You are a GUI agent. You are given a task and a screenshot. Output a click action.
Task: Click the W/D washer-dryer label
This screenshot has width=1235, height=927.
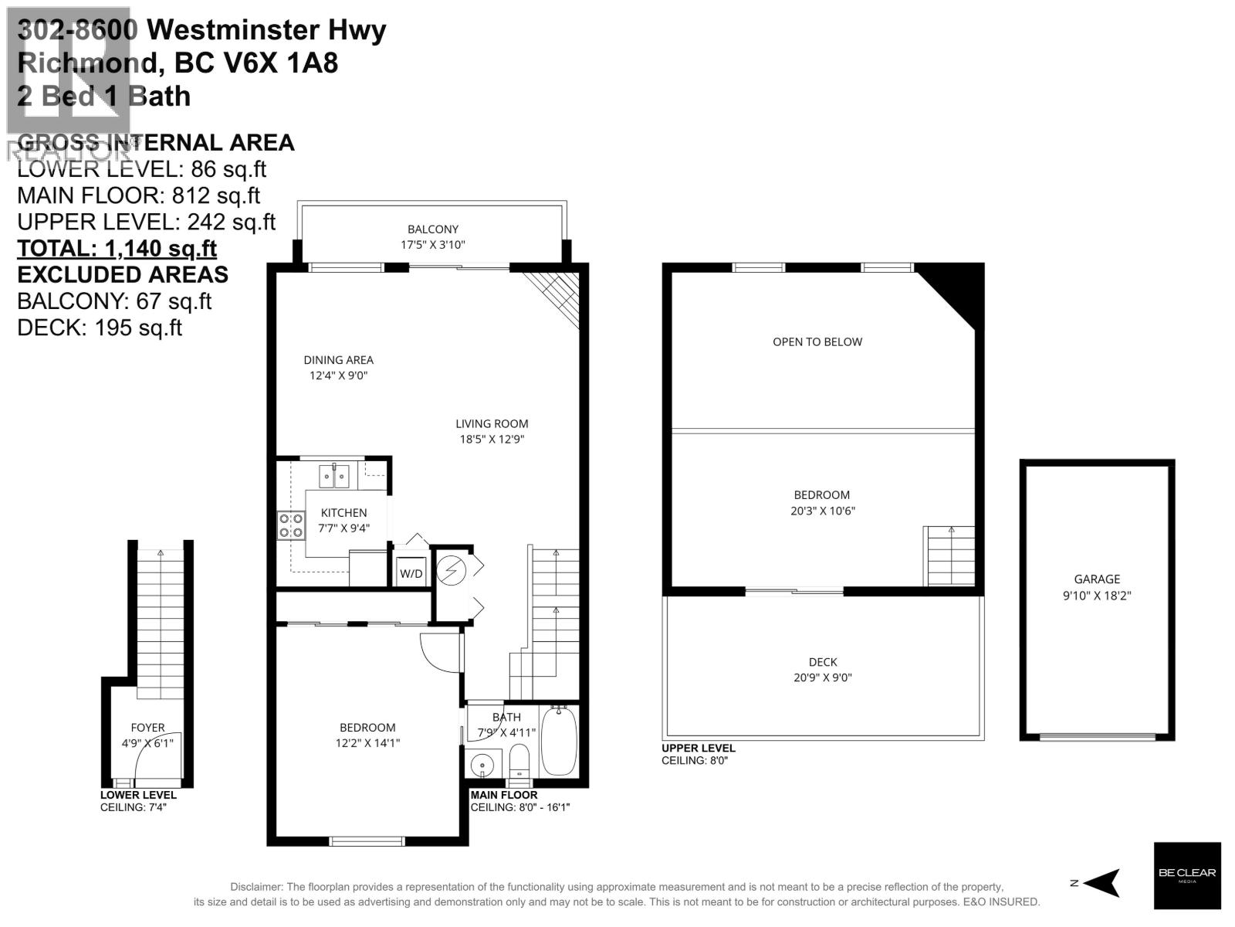411,573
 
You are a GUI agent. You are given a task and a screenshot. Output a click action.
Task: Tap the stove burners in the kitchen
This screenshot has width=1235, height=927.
291,525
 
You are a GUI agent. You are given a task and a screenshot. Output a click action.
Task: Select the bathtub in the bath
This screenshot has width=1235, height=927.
557,742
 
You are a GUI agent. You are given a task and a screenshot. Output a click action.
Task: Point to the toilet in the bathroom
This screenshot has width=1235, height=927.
519,760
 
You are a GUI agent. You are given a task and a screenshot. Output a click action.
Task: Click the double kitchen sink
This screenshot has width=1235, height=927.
335,476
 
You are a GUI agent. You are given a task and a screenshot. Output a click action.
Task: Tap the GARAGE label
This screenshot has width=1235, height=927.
1096,579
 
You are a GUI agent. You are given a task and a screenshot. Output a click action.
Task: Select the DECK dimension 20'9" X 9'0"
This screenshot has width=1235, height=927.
823,677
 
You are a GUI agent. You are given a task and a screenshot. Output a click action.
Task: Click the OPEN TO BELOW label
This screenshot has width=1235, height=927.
817,341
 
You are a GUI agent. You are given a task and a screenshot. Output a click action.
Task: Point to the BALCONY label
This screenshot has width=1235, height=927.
433,229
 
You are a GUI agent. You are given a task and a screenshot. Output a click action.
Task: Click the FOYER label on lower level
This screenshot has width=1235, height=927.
147,727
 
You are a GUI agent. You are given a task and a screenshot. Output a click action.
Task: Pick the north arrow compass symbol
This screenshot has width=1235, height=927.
1102,882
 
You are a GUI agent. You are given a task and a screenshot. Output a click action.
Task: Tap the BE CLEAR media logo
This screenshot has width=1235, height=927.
1186,874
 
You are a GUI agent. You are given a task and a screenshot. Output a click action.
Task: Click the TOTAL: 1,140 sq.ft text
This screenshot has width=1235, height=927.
117,248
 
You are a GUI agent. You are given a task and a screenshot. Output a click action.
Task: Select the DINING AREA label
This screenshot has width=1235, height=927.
338,359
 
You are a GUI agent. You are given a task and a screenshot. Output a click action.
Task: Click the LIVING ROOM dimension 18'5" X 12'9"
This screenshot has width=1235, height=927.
492,440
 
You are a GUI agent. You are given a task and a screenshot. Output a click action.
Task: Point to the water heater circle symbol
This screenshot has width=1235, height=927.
448,570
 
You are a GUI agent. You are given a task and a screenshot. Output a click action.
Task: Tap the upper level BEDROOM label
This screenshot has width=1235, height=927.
821,494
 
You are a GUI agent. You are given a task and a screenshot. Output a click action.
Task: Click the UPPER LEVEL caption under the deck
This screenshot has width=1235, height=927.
698,748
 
